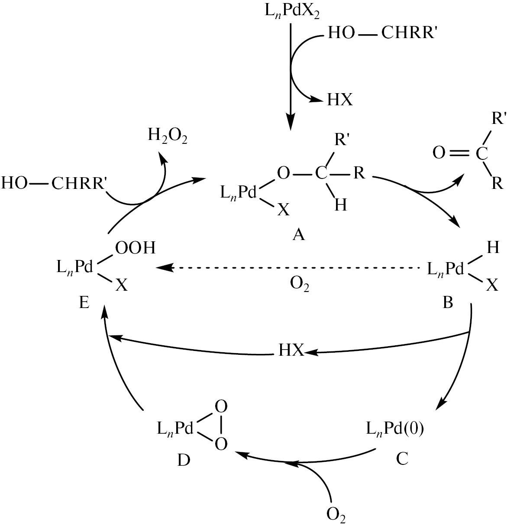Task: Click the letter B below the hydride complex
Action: pos(447,302)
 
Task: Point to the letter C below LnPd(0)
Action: pos(402,458)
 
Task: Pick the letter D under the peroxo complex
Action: pos(183,461)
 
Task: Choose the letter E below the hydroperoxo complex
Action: pos(84,302)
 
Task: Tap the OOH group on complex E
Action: pos(135,248)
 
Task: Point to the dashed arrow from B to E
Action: pos(290,268)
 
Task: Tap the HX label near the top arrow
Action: pos(340,101)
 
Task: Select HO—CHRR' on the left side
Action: pos(54,183)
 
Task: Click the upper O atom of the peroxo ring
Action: pos(221,407)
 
